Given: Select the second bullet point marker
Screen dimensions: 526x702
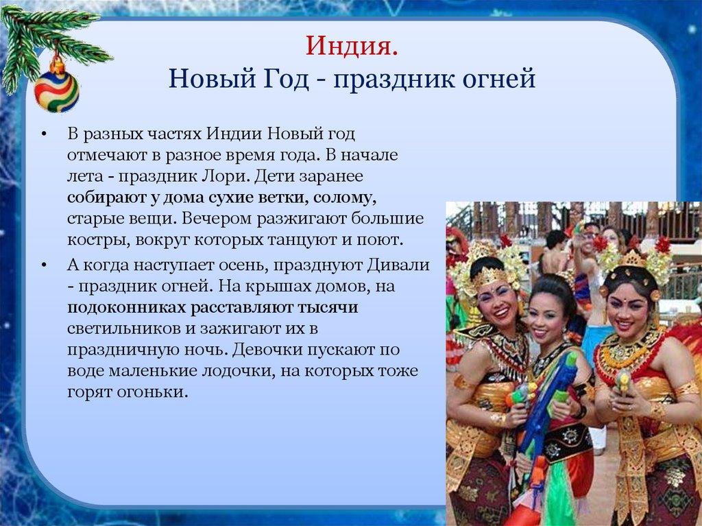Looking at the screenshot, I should (x=43, y=265).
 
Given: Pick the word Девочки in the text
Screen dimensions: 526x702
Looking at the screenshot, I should (x=263, y=350).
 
